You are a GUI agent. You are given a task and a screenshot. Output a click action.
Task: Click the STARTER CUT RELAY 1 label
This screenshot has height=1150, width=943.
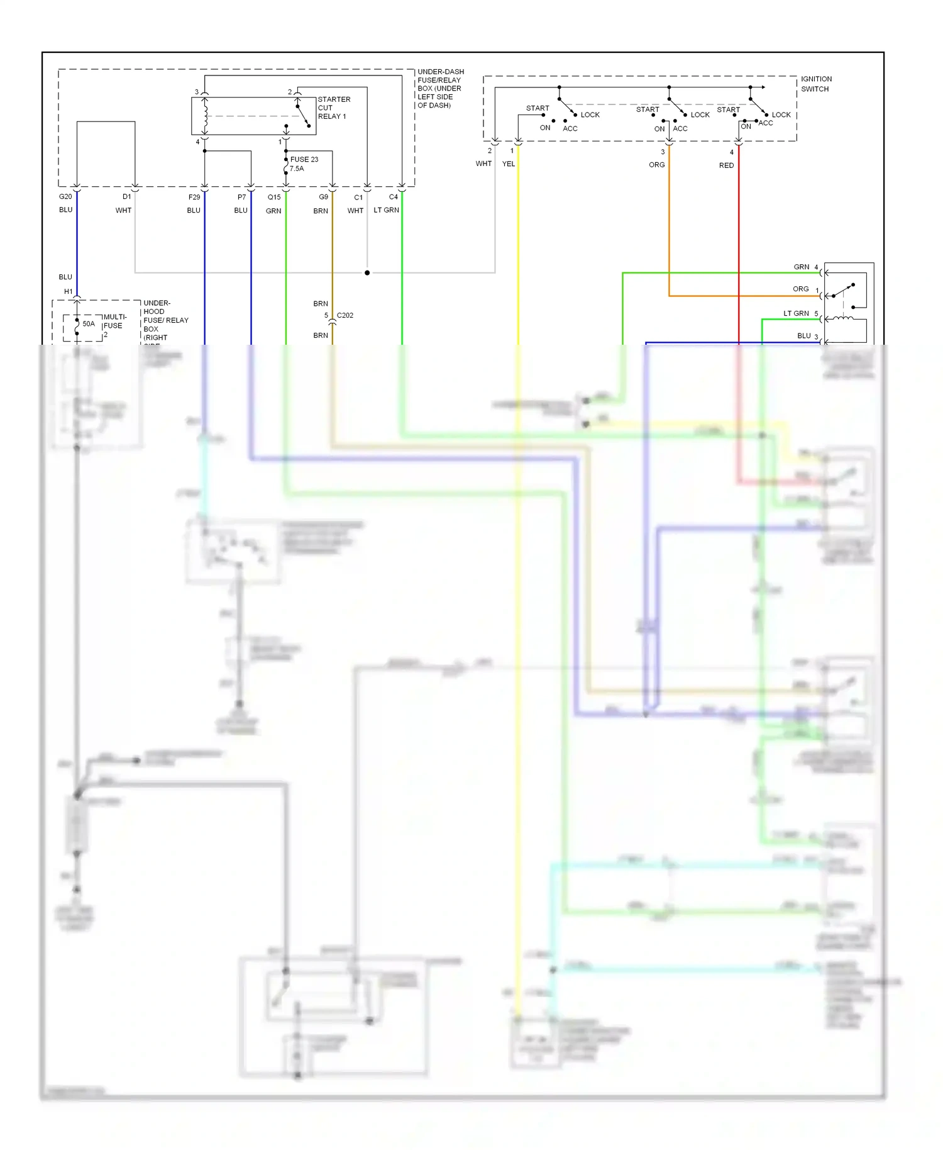tap(333, 108)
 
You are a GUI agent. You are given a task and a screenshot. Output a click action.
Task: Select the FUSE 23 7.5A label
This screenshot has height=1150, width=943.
tap(304, 164)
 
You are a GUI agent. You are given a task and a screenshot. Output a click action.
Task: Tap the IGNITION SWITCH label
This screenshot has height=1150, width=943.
tap(815, 84)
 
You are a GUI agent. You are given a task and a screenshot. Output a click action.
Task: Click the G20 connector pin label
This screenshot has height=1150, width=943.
tap(65, 197)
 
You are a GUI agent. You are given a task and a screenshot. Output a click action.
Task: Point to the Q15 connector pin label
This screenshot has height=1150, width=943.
tap(274, 198)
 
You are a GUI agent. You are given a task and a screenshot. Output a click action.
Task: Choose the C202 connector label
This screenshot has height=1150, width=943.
tap(345, 316)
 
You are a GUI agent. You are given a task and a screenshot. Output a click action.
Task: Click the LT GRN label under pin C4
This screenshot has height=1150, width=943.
tap(386, 210)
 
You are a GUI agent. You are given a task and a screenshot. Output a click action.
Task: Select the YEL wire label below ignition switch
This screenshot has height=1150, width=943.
tap(509, 164)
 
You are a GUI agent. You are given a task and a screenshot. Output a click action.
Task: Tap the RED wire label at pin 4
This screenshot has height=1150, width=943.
tap(726, 165)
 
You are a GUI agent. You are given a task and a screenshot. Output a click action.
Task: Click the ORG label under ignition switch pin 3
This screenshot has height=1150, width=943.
tap(656, 165)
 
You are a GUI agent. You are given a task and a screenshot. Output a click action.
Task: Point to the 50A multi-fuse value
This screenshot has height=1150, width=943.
tap(89, 324)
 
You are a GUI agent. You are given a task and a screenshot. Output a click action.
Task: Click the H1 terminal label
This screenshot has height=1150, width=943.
tap(69, 292)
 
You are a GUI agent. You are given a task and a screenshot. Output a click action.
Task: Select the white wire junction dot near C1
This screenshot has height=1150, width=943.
tap(367, 273)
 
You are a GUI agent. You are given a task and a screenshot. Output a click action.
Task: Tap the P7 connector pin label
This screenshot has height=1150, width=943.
tap(241, 198)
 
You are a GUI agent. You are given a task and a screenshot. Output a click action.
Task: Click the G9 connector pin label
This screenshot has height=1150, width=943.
tap(323, 198)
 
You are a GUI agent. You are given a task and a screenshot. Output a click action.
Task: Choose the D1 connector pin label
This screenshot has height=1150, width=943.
tap(127, 197)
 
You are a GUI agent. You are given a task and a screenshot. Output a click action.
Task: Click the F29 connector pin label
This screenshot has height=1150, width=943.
tap(194, 198)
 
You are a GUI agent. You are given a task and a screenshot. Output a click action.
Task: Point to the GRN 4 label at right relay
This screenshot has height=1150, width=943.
tap(805, 267)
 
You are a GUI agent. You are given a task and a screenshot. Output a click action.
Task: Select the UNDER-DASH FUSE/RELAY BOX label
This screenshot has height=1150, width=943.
tap(440, 88)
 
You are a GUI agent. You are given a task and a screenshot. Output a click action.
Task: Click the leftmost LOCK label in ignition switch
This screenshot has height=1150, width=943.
tap(590, 115)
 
